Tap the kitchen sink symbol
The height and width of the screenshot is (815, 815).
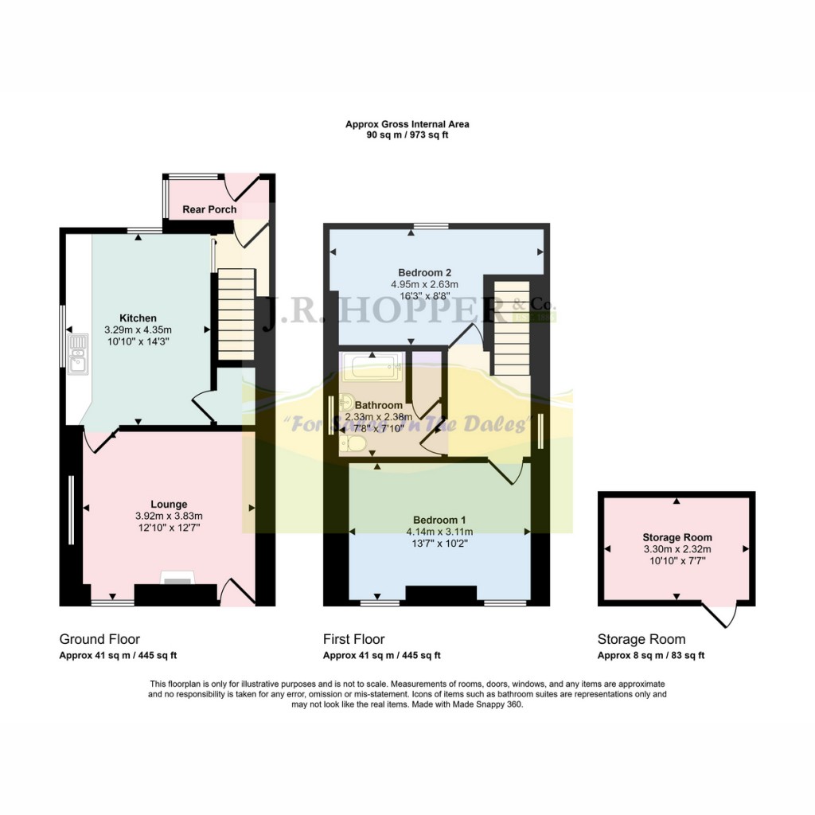pos(78,353)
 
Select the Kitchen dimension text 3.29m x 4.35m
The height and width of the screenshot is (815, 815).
pos(138,330)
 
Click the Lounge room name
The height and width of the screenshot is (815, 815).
pos(169,504)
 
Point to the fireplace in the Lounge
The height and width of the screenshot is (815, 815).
pos(177,579)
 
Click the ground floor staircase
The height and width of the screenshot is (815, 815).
pos(235,315)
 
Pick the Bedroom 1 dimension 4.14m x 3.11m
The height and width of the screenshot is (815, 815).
pos(439,532)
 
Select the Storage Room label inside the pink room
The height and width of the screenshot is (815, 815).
pos(677,537)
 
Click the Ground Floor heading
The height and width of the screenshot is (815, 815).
pos(99,639)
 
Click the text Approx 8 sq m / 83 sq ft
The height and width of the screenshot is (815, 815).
pos(651,656)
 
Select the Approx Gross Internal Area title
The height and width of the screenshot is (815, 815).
pos(407,124)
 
